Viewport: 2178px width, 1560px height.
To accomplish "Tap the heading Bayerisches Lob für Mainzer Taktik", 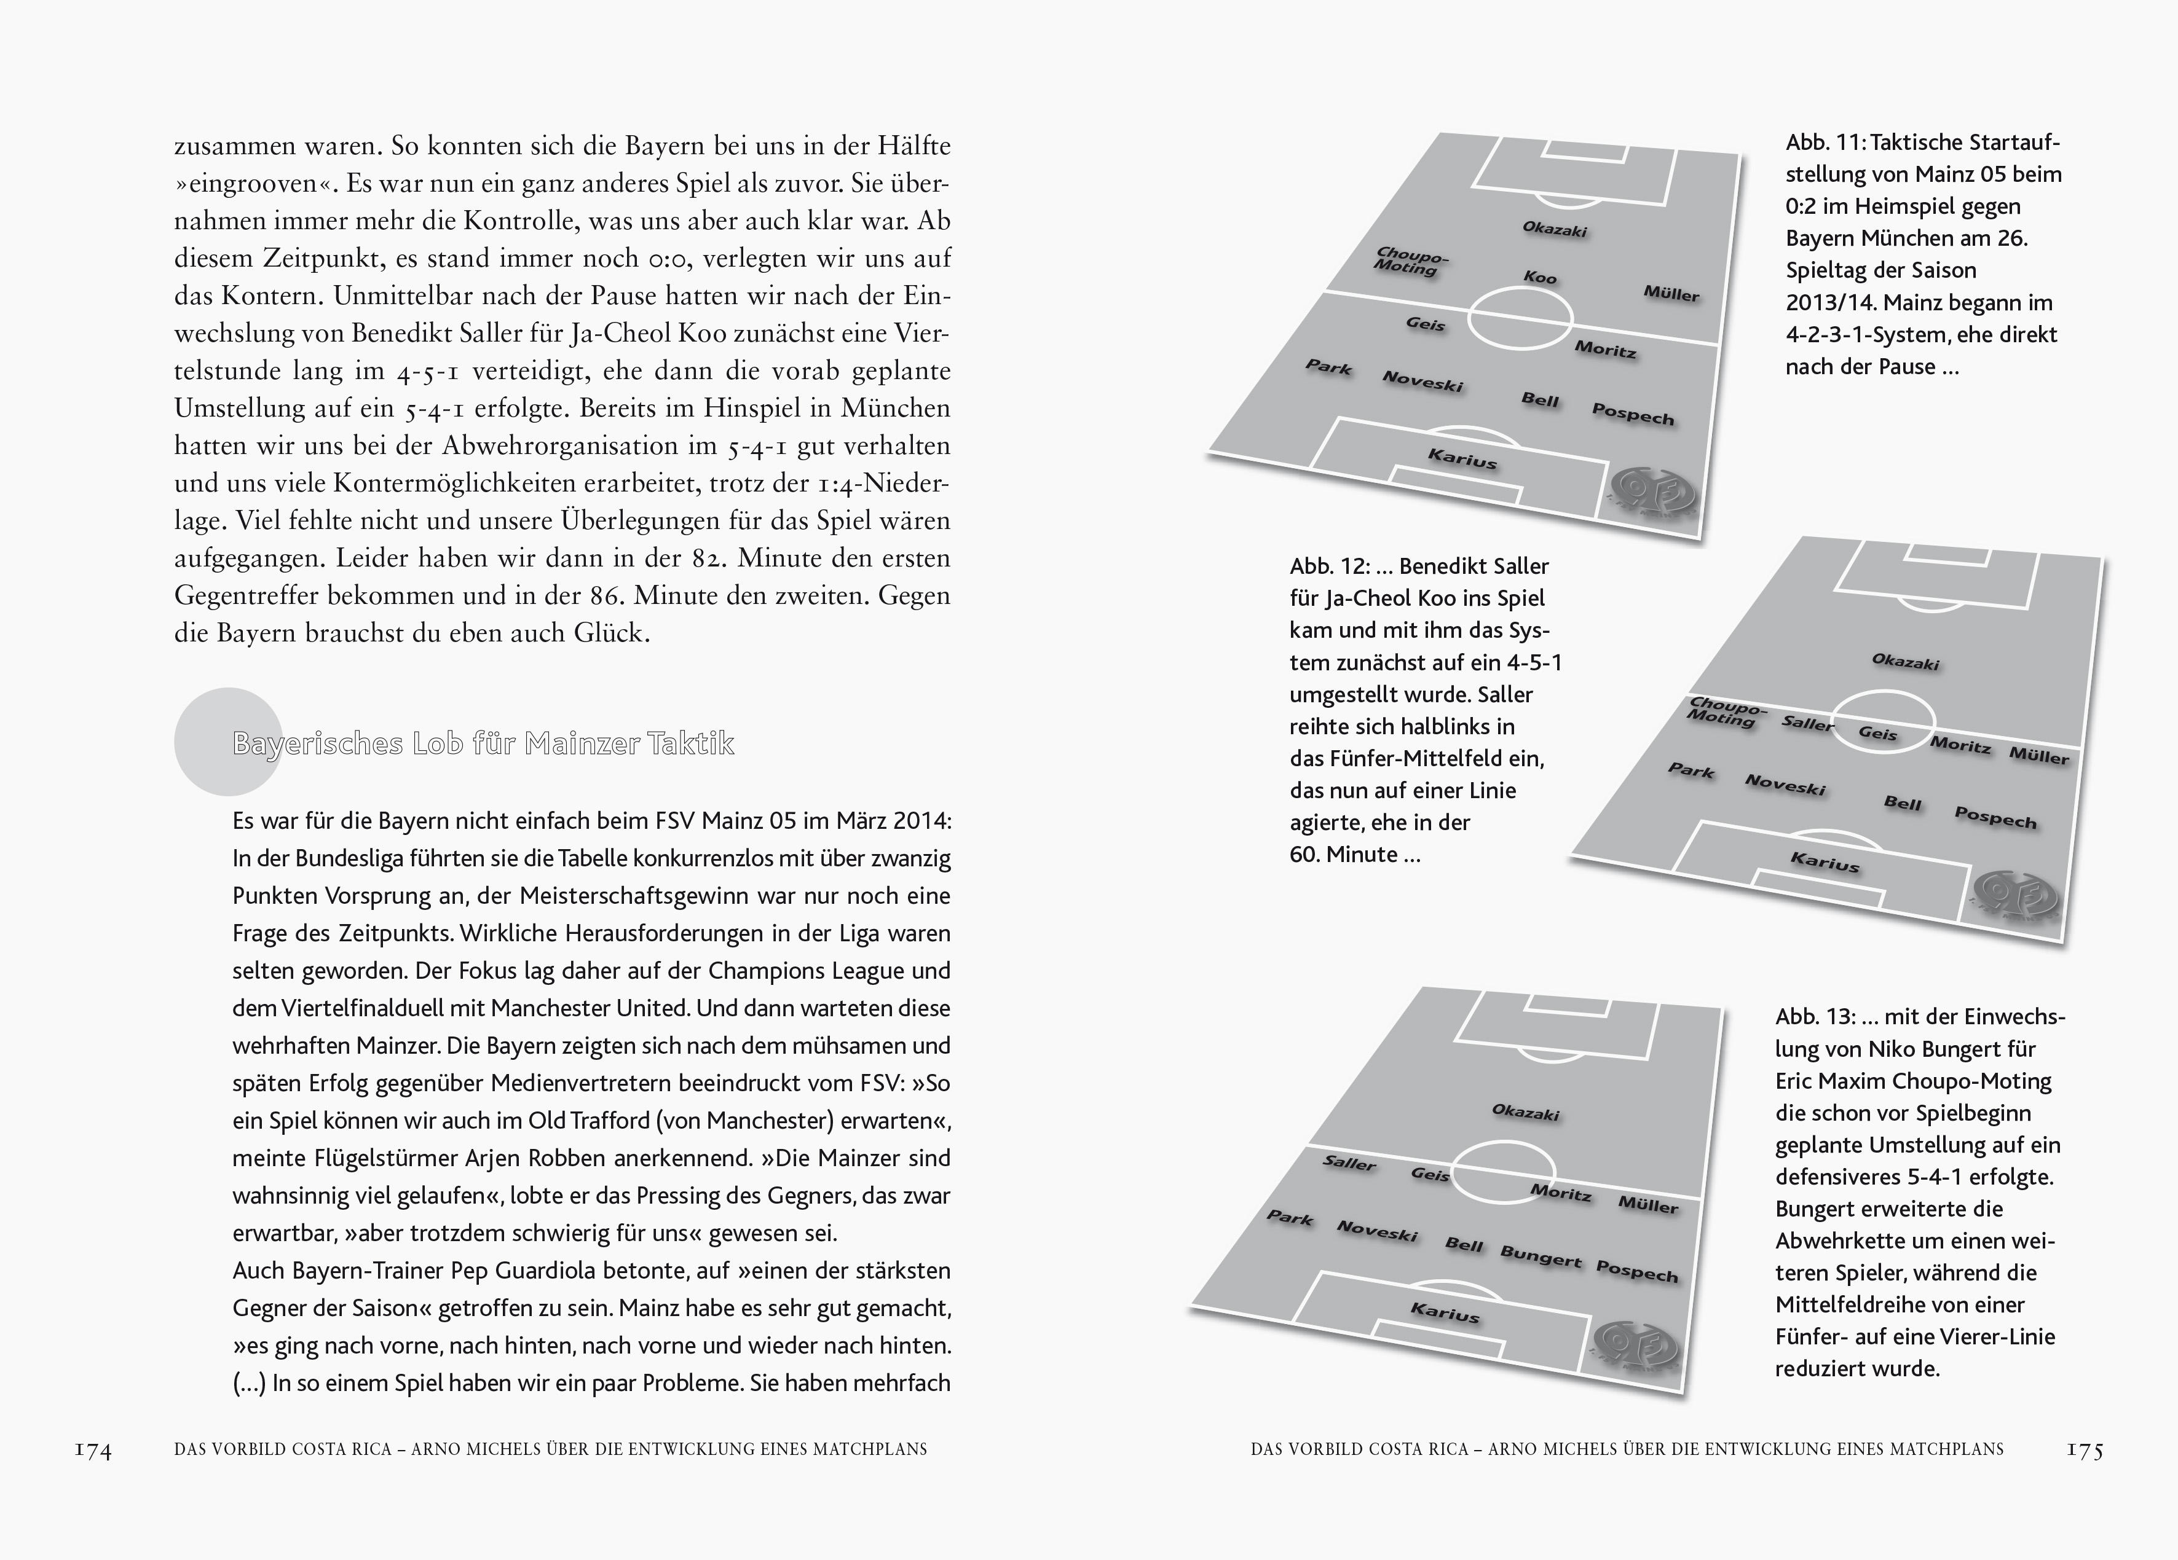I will tap(483, 744).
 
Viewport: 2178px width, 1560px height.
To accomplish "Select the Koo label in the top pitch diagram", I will tap(1539, 278).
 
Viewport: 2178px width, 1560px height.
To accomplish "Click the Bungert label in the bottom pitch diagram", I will tap(1541, 1256).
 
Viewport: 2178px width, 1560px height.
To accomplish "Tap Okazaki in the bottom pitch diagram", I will tap(1525, 1113).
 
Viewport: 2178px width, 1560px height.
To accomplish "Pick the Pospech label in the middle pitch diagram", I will tap(1995, 819).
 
